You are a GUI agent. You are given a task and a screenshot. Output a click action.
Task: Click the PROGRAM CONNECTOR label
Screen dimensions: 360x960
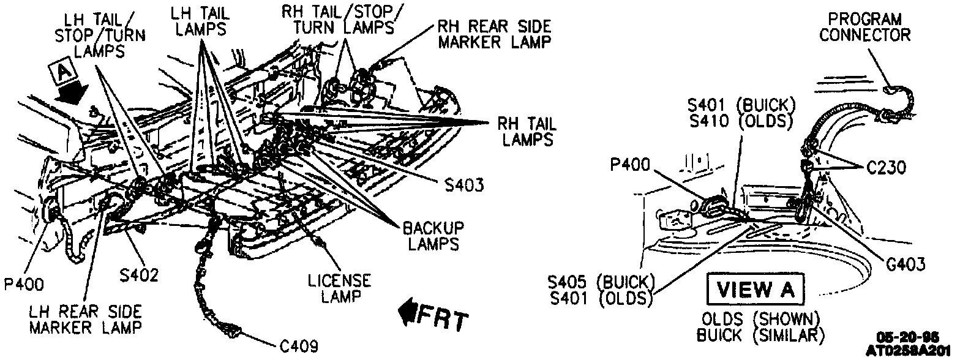[864, 27]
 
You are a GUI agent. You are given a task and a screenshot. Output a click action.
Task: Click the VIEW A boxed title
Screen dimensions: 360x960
[754, 290]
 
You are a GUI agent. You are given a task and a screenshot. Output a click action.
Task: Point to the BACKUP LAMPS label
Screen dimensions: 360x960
[433, 235]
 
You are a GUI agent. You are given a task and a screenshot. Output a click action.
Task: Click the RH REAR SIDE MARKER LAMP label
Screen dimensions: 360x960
[493, 34]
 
